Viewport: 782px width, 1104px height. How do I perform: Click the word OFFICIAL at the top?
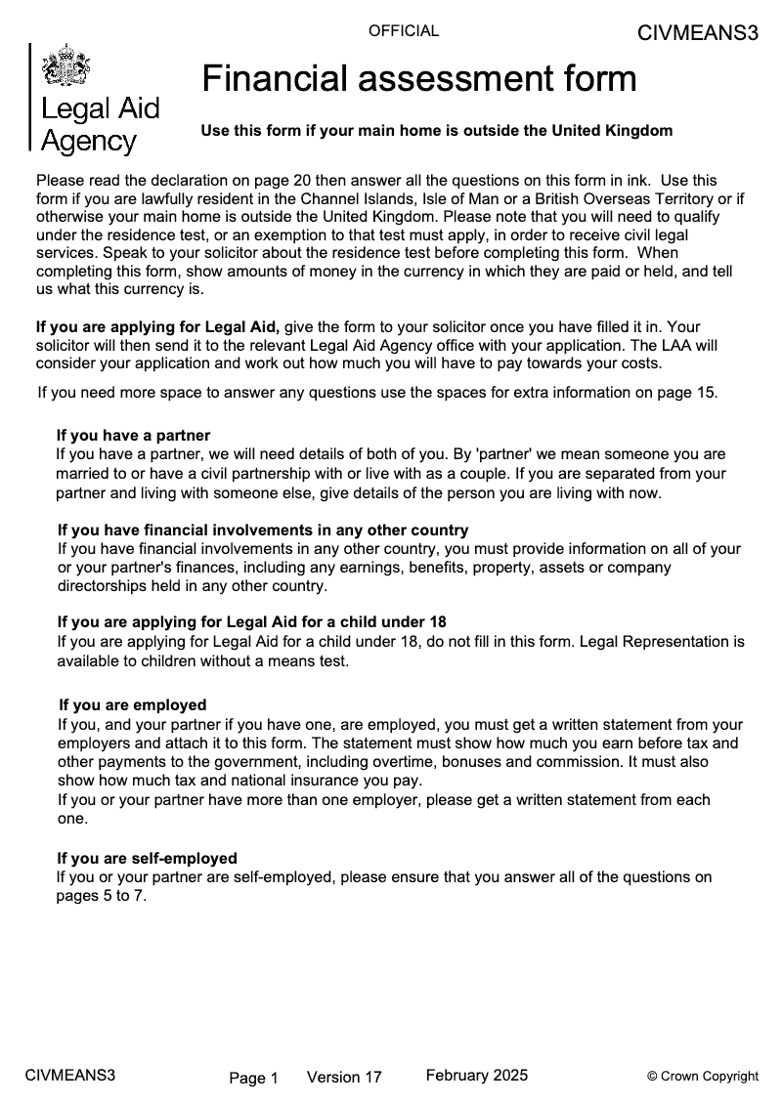click(404, 31)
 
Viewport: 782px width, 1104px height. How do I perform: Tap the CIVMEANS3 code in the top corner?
click(697, 33)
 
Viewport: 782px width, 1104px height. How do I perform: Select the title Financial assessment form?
click(419, 78)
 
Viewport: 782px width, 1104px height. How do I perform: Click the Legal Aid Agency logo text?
click(99, 124)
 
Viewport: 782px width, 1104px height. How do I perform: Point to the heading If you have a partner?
click(133, 435)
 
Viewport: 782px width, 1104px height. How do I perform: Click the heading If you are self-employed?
click(147, 859)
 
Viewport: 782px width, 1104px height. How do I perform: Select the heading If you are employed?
click(132, 704)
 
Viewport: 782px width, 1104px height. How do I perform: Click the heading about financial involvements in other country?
click(263, 531)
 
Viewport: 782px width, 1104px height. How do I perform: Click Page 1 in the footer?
click(254, 1079)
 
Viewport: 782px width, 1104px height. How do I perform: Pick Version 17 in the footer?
click(344, 1078)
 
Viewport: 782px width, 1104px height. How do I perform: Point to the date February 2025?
click(477, 1076)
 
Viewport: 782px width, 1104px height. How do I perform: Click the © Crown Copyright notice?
click(703, 1077)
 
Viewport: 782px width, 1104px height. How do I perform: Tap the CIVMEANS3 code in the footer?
click(70, 1076)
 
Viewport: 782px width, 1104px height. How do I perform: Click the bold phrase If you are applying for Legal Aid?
click(158, 326)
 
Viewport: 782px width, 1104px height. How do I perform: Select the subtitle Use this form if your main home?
click(436, 130)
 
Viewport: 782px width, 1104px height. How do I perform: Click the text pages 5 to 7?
click(101, 896)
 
